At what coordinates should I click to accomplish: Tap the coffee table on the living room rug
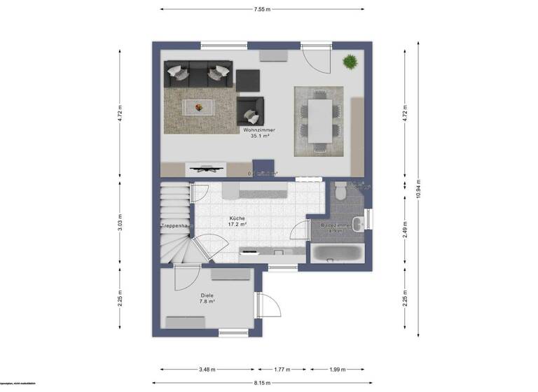199,107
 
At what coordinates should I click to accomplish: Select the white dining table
319,120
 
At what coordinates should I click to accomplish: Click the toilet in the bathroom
341,189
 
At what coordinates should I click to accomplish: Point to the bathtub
337,253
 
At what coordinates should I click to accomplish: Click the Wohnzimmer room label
259,130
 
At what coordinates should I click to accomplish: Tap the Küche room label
236,219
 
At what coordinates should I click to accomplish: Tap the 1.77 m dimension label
282,370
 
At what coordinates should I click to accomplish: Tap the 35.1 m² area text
259,136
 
